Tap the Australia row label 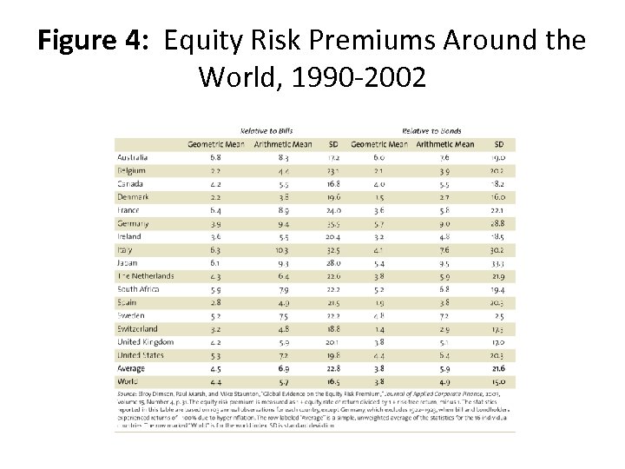point(134,157)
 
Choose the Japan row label point(128,262)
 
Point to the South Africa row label point(139,289)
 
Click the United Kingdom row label point(145,341)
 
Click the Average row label point(131,367)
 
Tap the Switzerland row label point(139,328)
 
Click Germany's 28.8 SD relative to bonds point(497,223)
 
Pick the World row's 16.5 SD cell point(332,380)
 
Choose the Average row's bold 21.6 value point(497,367)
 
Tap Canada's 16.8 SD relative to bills point(332,184)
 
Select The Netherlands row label point(145,276)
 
